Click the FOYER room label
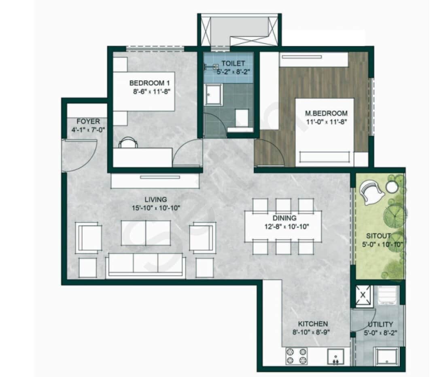point(88,121)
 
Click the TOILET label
point(233,63)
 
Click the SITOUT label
point(378,236)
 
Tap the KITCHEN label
point(313,324)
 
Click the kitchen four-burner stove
point(297,355)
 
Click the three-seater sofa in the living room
point(146,265)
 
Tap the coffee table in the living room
point(146,233)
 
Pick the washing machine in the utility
point(386,295)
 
